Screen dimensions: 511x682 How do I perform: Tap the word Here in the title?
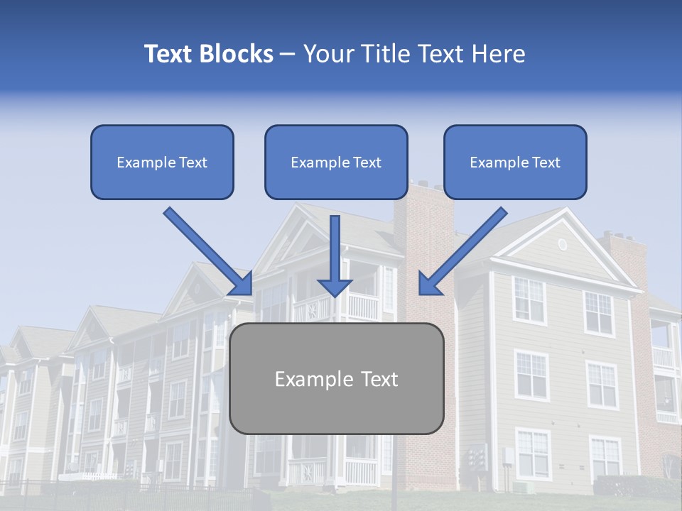click(497, 54)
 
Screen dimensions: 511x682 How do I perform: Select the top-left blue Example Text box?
click(162, 162)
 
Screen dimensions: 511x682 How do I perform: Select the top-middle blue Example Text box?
click(336, 162)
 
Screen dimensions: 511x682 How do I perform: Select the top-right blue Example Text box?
click(515, 162)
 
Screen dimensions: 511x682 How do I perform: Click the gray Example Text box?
click(336, 378)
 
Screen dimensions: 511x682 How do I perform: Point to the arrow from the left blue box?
click(206, 249)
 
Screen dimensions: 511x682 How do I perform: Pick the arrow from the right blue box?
click(464, 249)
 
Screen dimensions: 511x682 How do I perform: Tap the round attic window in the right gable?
click(562, 244)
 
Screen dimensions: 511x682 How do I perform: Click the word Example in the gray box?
click(310, 379)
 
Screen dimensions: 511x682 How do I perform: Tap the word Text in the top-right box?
click(546, 163)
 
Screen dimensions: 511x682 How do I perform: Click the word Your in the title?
click(327, 54)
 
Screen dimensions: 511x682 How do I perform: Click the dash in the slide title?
click(288, 55)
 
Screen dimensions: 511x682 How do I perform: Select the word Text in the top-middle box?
click(367, 163)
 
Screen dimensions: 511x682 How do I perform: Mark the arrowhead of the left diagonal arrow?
click(242, 283)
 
